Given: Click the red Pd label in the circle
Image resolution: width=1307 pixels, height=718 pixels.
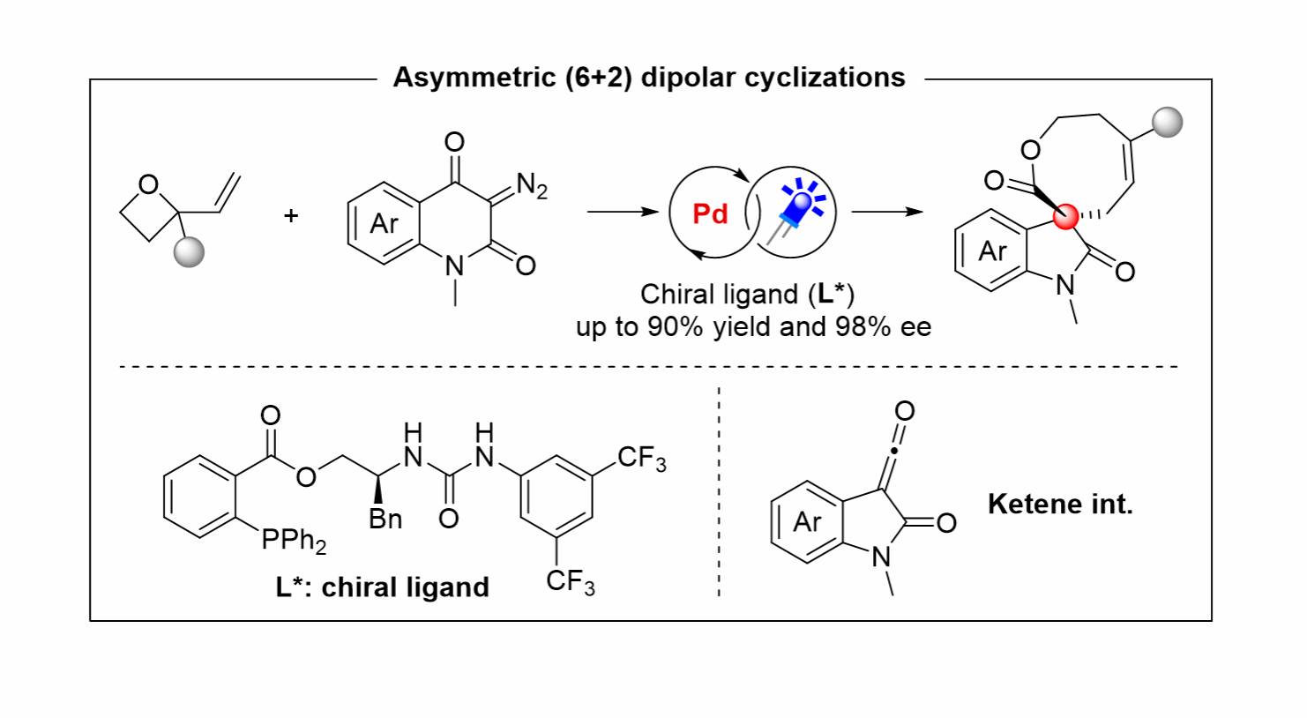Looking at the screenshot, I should pyautogui.click(x=710, y=214).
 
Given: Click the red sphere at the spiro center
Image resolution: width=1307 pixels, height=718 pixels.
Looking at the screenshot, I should pyautogui.click(x=1065, y=216).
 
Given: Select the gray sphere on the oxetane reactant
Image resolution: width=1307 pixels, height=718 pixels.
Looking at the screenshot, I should pyautogui.click(x=189, y=251).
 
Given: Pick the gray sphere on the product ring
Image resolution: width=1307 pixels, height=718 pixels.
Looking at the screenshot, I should pyautogui.click(x=1168, y=123).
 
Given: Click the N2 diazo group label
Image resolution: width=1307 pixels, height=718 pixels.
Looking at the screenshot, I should pyautogui.click(x=532, y=186).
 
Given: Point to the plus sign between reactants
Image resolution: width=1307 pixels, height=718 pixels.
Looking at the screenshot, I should pyautogui.click(x=291, y=215).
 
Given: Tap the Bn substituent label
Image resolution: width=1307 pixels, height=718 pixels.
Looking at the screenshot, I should pyautogui.click(x=385, y=520).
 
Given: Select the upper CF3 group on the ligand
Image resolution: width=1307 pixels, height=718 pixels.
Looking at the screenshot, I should pyautogui.click(x=641, y=459).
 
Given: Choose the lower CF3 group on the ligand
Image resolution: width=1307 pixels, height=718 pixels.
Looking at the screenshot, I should pyautogui.click(x=570, y=581).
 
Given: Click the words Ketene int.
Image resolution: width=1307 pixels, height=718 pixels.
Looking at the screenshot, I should pyautogui.click(x=1060, y=504).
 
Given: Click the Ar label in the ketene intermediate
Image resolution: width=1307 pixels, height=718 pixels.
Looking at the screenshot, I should pyautogui.click(x=808, y=522).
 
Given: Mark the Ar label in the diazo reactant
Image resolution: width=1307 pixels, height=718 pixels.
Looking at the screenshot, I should pyautogui.click(x=385, y=224).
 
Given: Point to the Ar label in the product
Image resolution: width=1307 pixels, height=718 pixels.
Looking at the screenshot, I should pyautogui.click(x=993, y=251).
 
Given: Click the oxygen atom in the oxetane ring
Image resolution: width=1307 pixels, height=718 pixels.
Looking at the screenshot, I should pyautogui.click(x=148, y=185).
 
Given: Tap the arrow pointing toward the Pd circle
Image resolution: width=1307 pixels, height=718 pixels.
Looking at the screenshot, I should pyautogui.click(x=623, y=212).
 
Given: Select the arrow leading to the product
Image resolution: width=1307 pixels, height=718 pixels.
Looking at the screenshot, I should pyautogui.click(x=887, y=212).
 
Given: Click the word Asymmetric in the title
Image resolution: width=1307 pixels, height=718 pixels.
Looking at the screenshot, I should pyautogui.click(x=474, y=78).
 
